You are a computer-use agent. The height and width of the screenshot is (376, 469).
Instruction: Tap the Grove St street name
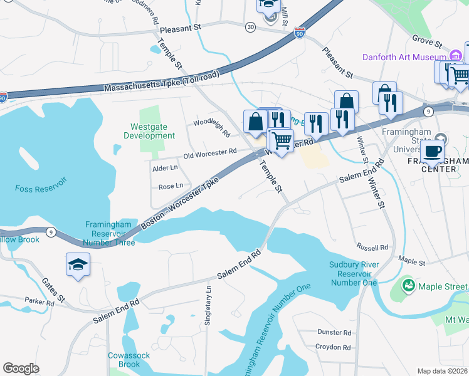[x=428, y=43]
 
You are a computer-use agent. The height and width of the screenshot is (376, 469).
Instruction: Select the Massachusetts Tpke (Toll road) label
[x=162, y=82]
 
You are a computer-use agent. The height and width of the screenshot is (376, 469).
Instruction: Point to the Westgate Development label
[x=149, y=131]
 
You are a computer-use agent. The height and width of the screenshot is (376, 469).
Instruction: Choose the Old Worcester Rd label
[x=209, y=152]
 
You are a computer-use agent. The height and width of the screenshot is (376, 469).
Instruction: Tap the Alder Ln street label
[x=165, y=168]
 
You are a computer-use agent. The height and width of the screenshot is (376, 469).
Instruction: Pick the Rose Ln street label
[x=171, y=186]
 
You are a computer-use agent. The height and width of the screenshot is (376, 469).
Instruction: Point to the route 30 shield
[x=251, y=27]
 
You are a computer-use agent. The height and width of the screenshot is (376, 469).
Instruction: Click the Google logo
[x=21, y=368]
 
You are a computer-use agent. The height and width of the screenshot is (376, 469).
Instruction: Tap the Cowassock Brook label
[x=129, y=360]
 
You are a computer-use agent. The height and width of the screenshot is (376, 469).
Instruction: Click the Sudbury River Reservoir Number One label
[x=354, y=274]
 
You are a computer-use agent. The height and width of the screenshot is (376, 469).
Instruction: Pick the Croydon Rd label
[x=333, y=347]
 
